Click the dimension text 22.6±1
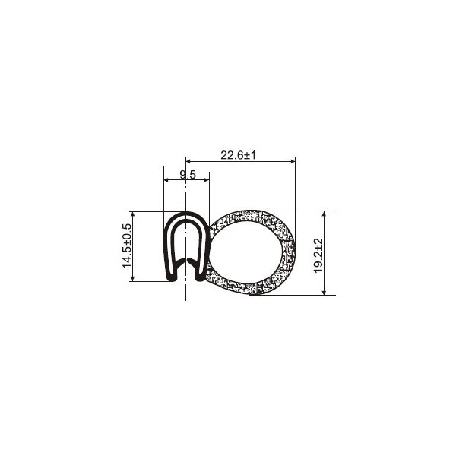point(238,155)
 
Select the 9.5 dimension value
point(188,175)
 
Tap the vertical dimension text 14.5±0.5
point(127,245)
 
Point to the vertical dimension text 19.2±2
point(318,255)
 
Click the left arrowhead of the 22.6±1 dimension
point(188,161)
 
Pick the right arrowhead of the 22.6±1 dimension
point(293,161)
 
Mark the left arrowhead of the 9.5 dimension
point(166,180)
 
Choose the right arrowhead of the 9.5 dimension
point(207,180)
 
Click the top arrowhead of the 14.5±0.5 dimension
point(132,214)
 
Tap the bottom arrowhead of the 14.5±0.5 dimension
point(132,279)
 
